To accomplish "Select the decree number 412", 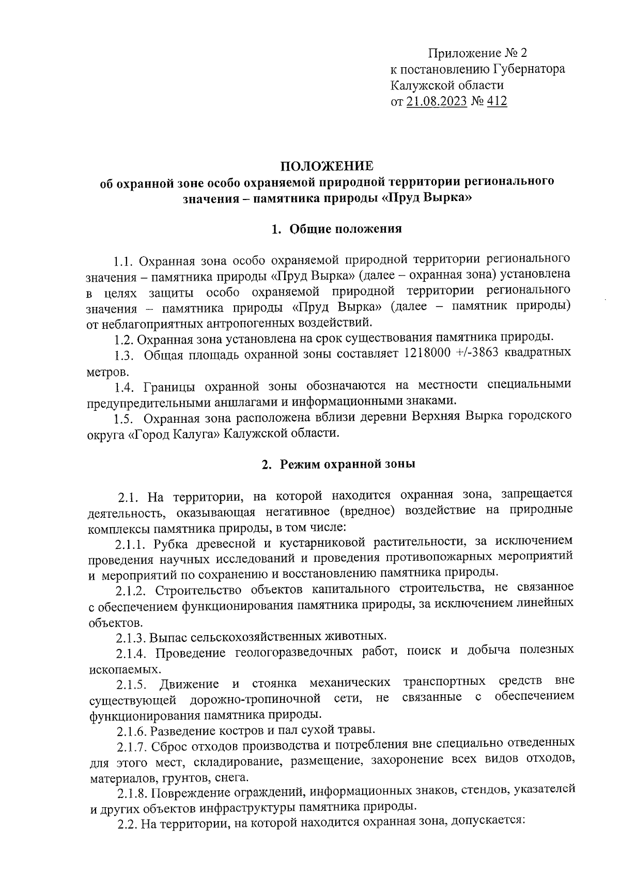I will tap(497, 101).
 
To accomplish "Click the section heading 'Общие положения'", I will tap(346, 229).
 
